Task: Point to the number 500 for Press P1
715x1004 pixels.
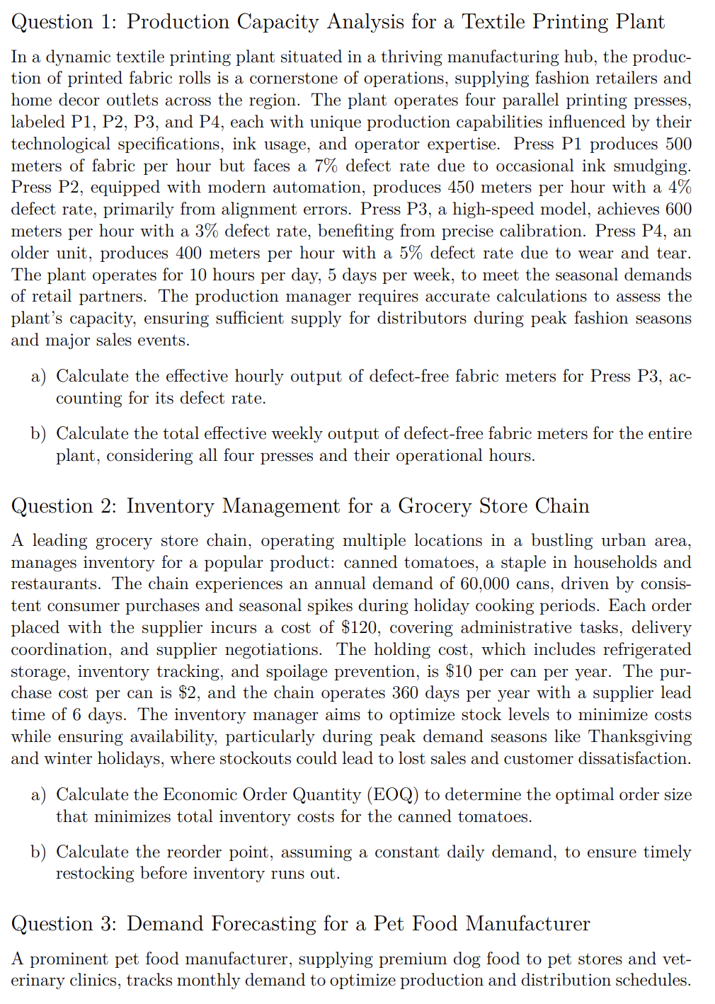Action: (x=678, y=144)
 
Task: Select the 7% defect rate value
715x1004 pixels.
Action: (x=327, y=166)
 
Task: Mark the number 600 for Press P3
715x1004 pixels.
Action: (x=678, y=210)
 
